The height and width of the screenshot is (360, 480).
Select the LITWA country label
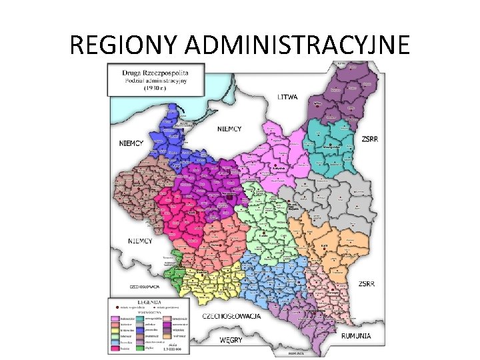pos(288,97)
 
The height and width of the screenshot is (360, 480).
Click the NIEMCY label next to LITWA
pos(230,128)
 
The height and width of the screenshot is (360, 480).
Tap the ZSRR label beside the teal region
pos(371,139)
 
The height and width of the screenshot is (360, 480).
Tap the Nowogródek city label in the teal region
pos(333,147)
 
